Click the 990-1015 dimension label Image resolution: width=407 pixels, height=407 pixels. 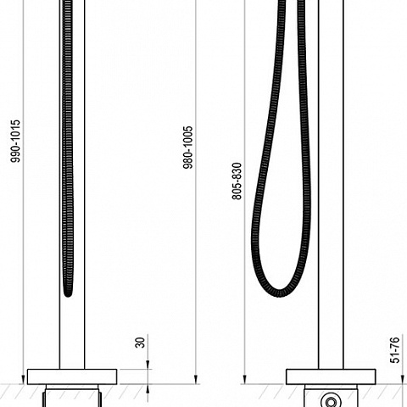tap(15, 141)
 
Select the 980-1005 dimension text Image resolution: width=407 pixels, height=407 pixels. tap(188, 148)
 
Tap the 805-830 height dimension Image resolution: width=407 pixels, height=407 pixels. tap(237, 181)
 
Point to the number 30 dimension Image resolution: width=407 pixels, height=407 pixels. tap(140, 343)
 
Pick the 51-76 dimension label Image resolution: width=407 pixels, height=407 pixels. tap(395, 350)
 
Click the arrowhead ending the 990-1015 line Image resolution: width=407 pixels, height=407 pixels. tap(23, 379)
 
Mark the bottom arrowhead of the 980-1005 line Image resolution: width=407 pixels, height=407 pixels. tap(196, 379)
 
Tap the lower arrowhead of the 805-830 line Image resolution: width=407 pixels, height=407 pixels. tap(245, 379)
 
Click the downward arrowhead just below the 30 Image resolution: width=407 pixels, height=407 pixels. tap(148, 365)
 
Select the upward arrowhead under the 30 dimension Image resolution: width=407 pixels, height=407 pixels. tap(148, 389)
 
